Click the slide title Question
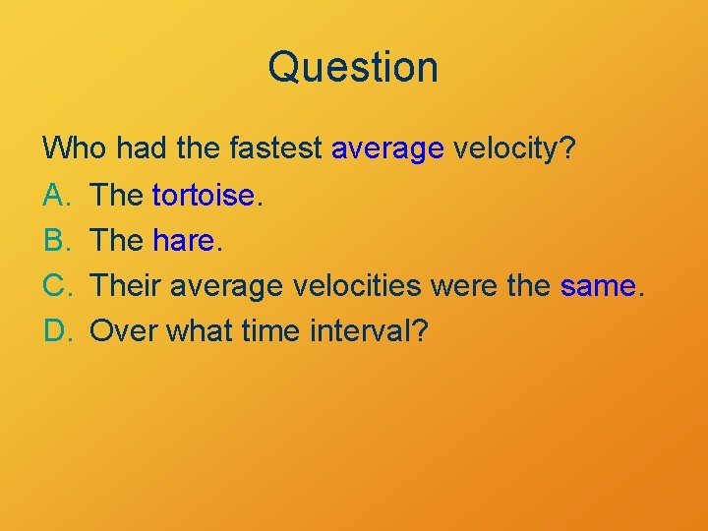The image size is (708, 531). [353, 67]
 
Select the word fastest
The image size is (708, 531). [277, 149]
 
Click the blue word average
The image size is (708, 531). [388, 151]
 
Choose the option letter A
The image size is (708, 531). [54, 195]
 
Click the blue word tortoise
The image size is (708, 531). [204, 195]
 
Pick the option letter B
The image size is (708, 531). [54, 240]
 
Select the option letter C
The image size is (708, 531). [55, 285]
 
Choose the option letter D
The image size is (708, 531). [55, 330]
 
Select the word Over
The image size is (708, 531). [125, 330]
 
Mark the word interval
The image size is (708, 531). [368, 330]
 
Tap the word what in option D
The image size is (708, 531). [200, 330]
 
